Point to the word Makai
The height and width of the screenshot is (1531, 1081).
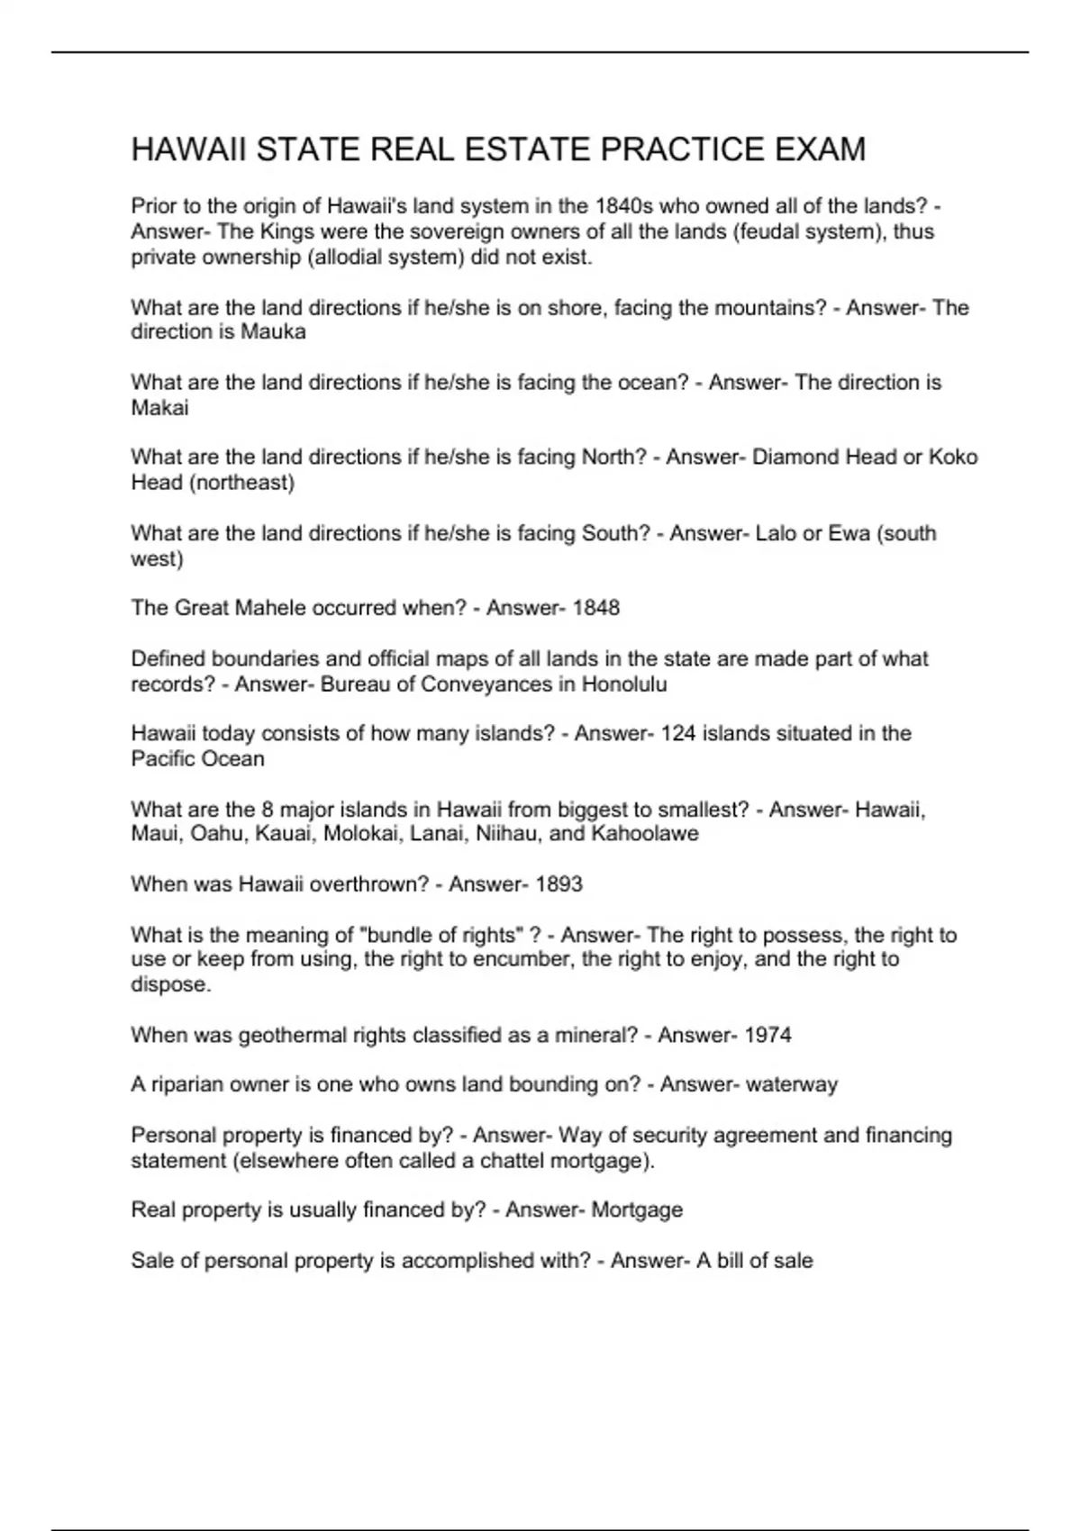[159, 408]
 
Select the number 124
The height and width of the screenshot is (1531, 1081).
[678, 734]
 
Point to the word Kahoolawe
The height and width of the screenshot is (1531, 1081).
[645, 834]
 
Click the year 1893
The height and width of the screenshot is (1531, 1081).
[559, 884]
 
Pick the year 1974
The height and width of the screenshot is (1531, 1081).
[768, 1036]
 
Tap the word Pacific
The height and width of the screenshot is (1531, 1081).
[161, 759]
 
